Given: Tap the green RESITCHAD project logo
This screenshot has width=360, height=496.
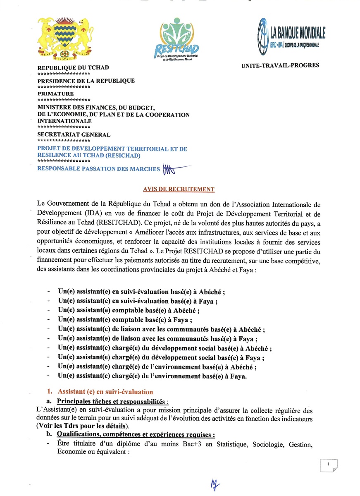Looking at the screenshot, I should pyautogui.click(x=179, y=40).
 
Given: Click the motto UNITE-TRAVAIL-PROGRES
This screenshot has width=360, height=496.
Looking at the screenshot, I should pyautogui.click(x=280, y=65).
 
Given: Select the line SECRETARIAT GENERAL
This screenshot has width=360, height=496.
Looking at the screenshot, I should pyautogui.click(x=74, y=134).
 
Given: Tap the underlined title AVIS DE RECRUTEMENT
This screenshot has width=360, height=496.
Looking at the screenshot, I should pyautogui.click(x=179, y=189).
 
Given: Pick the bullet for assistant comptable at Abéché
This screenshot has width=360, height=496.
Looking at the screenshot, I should pyautogui.click(x=129, y=310).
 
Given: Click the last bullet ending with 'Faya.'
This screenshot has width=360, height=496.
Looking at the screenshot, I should pyautogui.click(x=152, y=376).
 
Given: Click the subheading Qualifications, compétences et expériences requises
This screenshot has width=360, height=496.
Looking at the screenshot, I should pyautogui.click(x=136, y=435).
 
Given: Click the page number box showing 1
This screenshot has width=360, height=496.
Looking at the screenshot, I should pyautogui.click(x=328, y=465).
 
